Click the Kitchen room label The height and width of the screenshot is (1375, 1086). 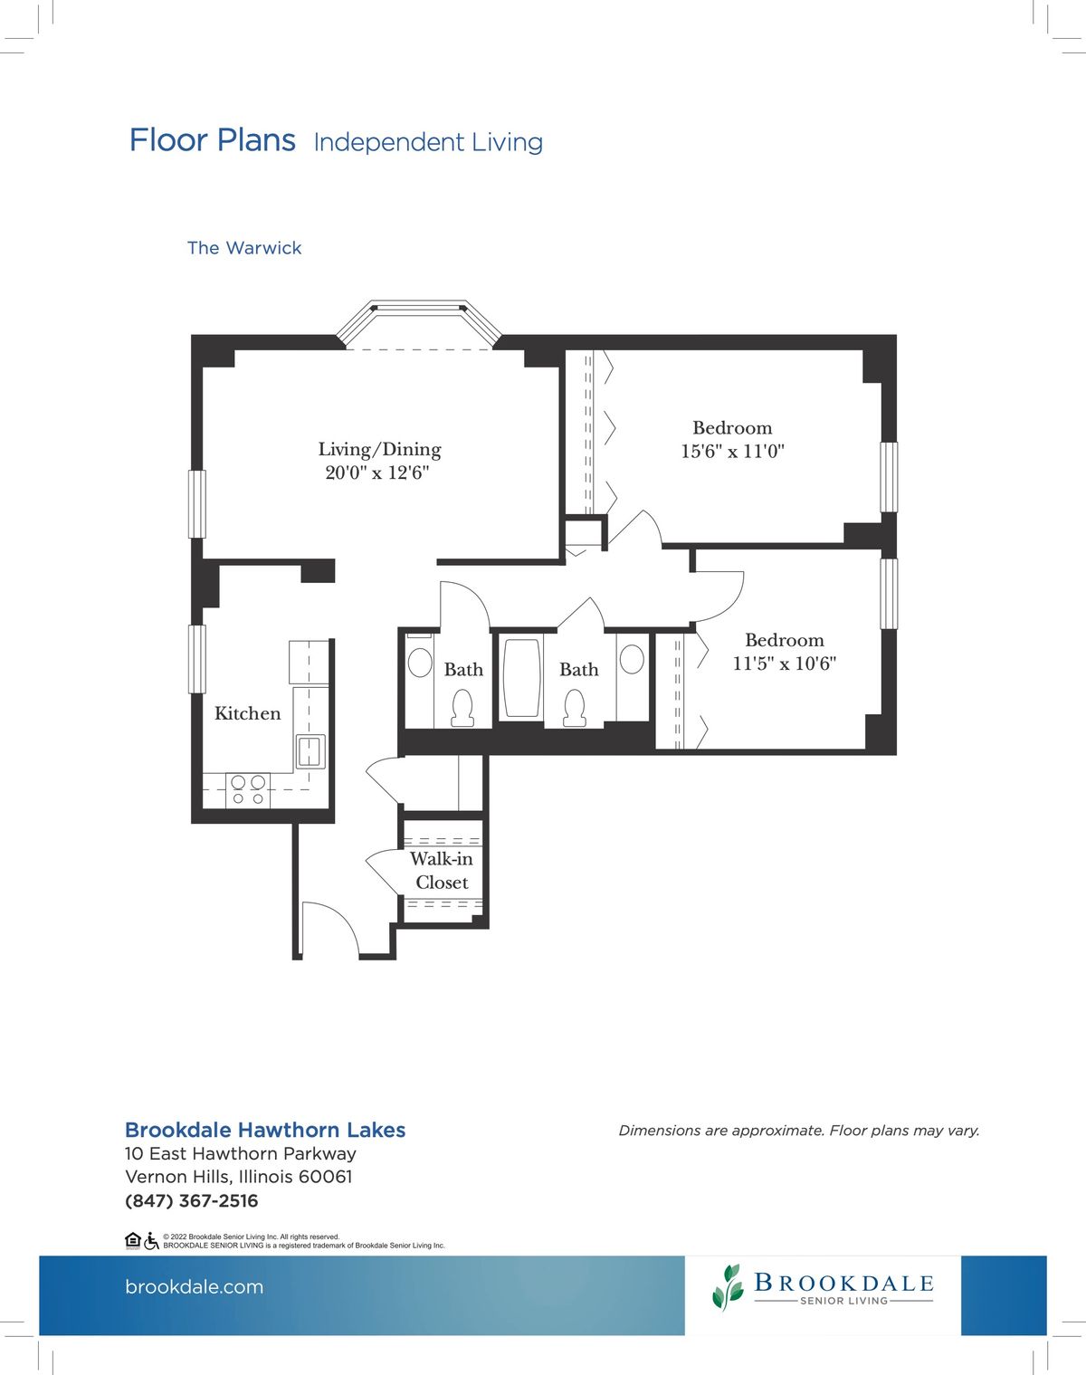click(247, 713)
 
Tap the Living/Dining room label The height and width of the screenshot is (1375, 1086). click(379, 449)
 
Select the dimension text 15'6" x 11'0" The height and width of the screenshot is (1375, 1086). click(732, 451)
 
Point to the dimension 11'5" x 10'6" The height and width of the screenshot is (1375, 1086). click(784, 664)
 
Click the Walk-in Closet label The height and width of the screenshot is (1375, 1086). click(442, 870)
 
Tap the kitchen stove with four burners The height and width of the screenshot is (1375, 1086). click(248, 789)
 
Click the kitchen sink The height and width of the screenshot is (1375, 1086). click(310, 750)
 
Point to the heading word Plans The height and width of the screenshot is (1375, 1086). click(255, 140)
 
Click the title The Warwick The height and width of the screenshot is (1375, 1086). click(244, 248)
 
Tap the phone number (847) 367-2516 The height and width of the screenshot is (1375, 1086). click(192, 1201)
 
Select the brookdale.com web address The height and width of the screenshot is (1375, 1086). click(195, 1287)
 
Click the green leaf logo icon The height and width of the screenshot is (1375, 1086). click(729, 1286)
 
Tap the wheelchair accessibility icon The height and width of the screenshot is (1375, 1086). click(151, 1241)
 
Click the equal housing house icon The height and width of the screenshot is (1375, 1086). click(132, 1240)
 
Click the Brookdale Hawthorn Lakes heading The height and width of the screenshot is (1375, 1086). click(265, 1130)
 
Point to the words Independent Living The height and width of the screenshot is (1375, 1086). click(428, 142)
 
